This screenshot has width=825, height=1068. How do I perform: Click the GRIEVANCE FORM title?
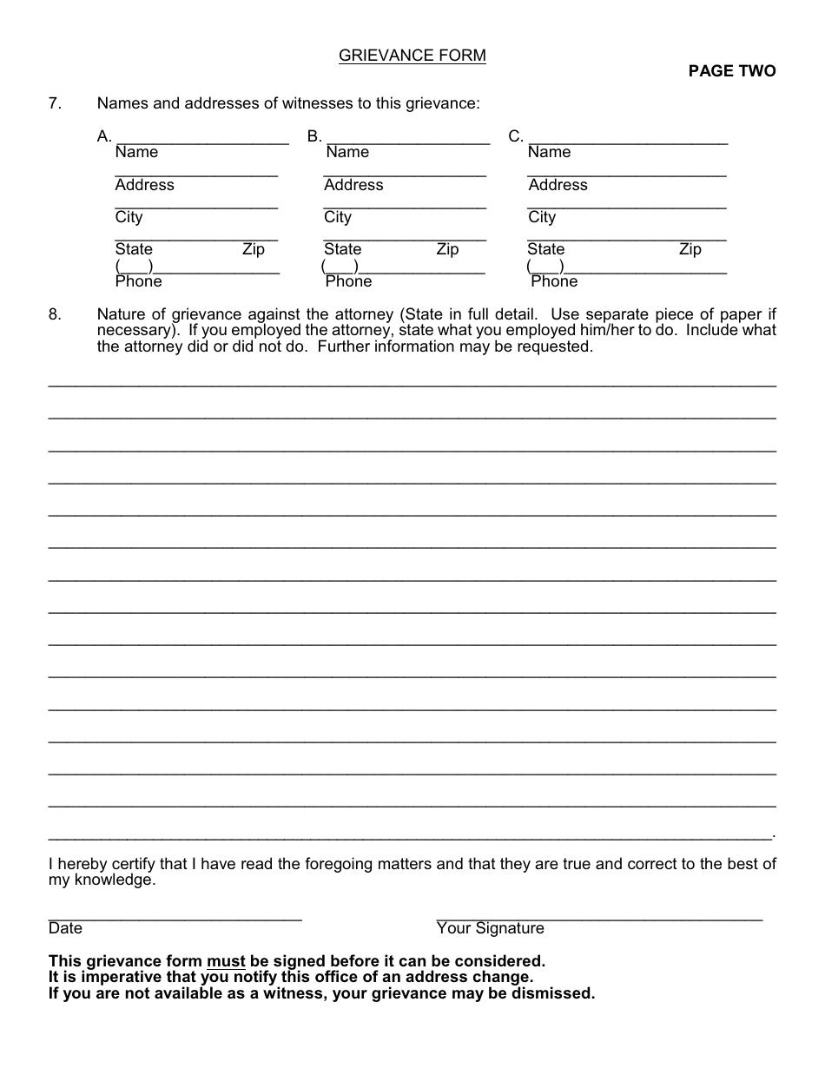click(x=412, y=56)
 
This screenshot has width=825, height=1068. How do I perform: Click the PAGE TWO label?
click(x=732, y=71)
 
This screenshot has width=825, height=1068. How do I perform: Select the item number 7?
click(x=54, y=103)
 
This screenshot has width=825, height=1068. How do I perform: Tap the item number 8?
click(x=54, y=315)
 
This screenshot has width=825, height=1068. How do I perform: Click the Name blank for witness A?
click(x=201, y=139)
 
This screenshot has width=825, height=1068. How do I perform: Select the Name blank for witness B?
click(x=407, y=139)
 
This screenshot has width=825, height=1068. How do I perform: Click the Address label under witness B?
click(x=353, y=185)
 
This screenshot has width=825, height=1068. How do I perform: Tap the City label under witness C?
click(x=542, y=217)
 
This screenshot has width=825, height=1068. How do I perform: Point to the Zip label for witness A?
click(x=254, y=249)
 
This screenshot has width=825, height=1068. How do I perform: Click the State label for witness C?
click(x=545, y=249)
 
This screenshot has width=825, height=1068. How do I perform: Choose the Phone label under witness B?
click(x=348, y=281)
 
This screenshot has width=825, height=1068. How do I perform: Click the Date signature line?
click(x=175, y=917)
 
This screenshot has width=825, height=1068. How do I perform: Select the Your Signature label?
click(x=490, y=928)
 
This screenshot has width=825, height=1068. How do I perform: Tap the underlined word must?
click(x=226, y=961)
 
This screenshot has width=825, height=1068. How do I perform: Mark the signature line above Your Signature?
click(x=598, y=917)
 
